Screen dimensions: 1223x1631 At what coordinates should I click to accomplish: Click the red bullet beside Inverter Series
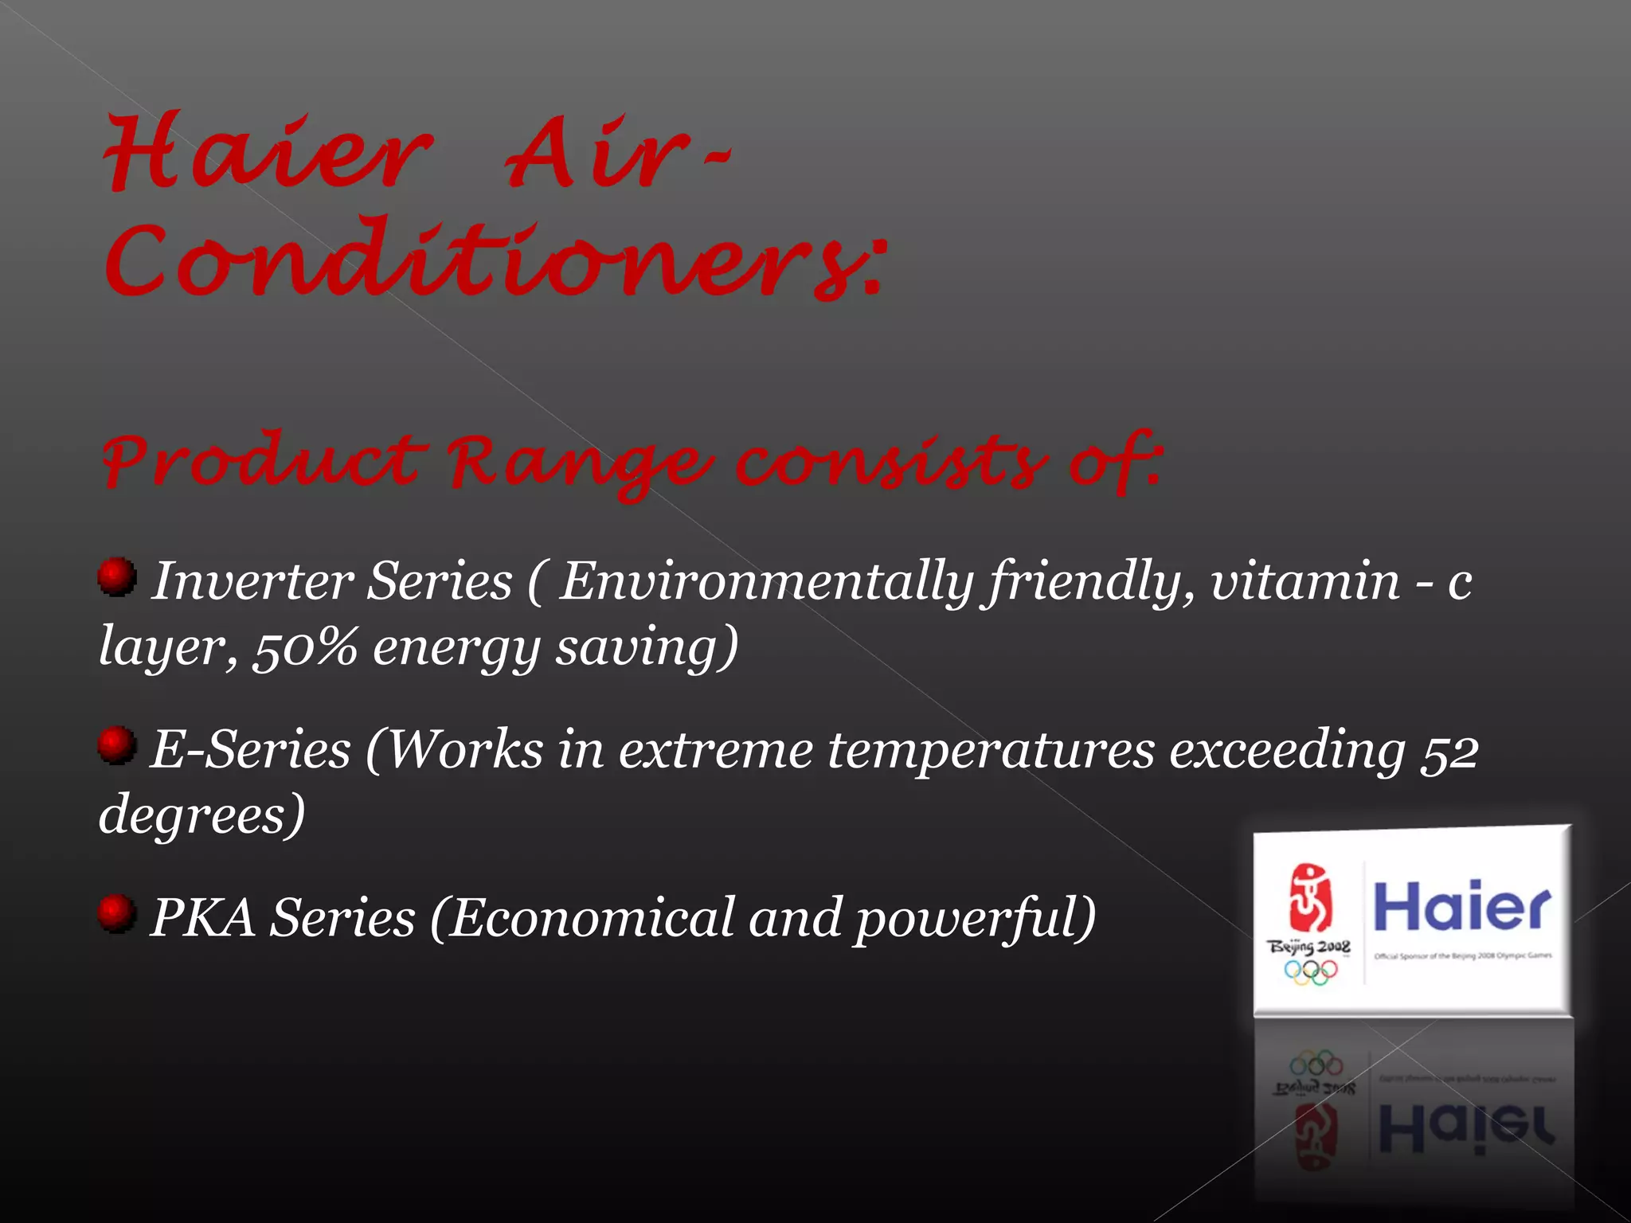(x=117, y=576)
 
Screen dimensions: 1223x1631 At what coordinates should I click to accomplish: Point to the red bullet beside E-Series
(x=117, y=744)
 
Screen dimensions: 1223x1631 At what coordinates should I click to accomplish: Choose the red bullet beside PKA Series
(x=117, y=912)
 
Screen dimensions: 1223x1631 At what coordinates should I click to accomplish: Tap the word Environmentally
(x=765, y=582)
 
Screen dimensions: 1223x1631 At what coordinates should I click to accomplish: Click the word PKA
(x=202, y=918)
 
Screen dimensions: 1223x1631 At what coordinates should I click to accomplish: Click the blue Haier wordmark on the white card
(x=1462, y=907)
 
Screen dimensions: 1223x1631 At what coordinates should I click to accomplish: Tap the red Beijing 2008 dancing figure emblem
(x=1309, y=898)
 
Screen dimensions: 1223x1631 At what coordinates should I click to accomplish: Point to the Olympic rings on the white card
(x=1310, y=971)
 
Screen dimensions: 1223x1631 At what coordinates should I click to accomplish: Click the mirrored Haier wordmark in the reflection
(x=1465, y=1127)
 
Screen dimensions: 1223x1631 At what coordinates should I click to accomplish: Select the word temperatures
(x=991, y=751)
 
